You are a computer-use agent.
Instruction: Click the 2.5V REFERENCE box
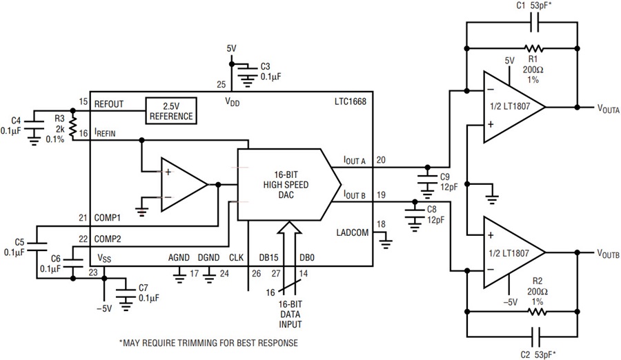tap(171, 111)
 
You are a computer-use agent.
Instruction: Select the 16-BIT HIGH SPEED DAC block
tap(289, 185)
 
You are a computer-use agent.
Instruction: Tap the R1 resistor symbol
tap(533, 49)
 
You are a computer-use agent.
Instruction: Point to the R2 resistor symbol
tap(538, 312)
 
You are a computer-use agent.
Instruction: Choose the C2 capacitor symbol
tap(538, 337)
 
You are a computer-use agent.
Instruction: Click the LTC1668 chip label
tap(350, 101)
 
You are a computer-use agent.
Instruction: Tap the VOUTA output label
tap(609, 108)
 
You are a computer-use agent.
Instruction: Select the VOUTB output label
tap(609, 254)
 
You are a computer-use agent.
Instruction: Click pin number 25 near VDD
tap(221, 84)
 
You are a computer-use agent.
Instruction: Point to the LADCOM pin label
tap(353, 232)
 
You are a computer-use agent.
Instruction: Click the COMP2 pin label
tap(108, 239)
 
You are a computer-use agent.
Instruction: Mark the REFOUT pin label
tap(109, 104)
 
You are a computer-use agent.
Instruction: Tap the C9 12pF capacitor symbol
tap(427, 182)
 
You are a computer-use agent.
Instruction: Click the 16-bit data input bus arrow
tap(290, 257)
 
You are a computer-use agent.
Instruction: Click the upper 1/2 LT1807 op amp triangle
tap(514, 107)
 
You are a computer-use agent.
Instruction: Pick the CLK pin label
tap(237, 257)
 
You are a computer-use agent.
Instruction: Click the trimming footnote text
tap(208, 343)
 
